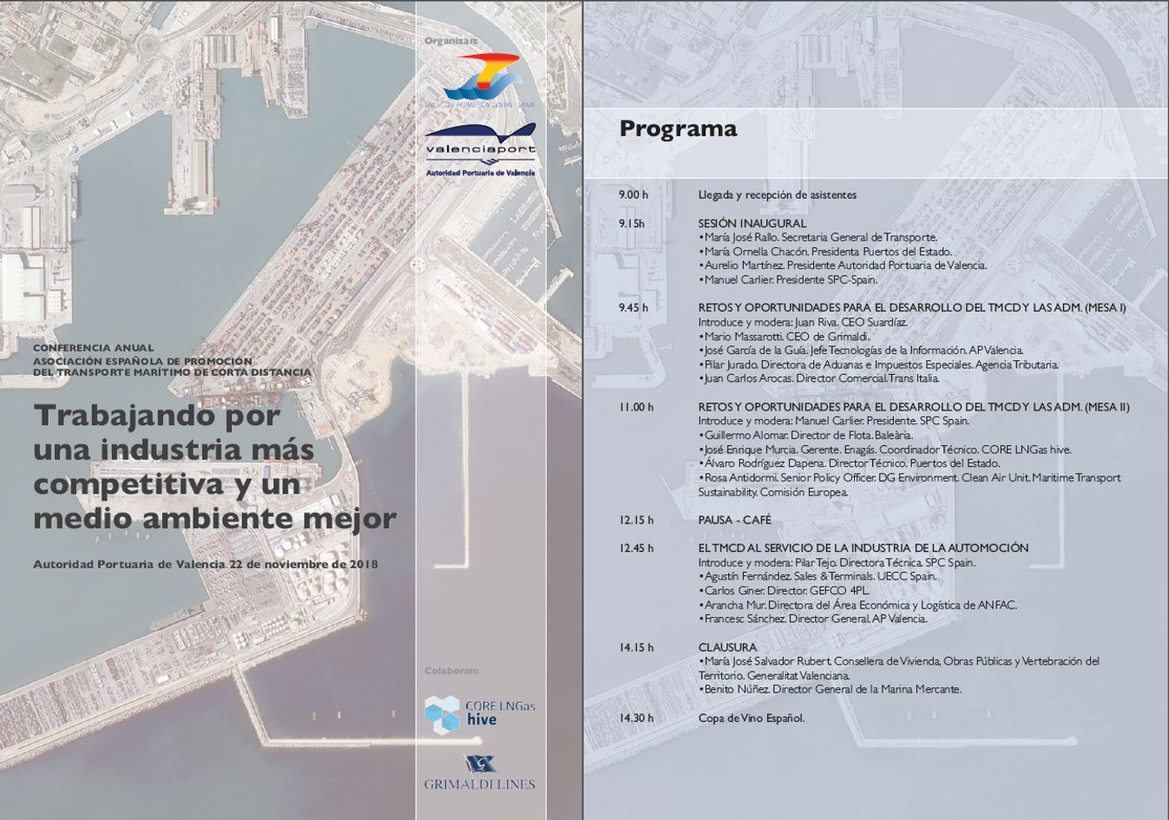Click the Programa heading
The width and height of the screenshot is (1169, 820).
click(678, 129)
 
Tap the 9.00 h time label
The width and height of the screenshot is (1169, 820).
click(634, 195)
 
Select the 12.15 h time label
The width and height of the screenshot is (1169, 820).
click(636, 521)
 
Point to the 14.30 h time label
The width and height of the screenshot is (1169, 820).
click(636, 718)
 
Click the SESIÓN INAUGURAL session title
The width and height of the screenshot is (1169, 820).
click(752, 224)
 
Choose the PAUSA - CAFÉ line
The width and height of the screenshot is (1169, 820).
click(734, 521)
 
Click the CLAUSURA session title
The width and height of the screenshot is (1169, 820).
click(727, 647)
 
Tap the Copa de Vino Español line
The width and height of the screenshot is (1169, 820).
click(752, 718)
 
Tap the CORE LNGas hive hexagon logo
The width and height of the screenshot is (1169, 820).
click(442, 714)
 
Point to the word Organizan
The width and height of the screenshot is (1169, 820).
click(451, 41)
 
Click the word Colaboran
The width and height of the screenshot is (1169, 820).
click(451, 671)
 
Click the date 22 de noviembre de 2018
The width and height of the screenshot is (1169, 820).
click(303, 564)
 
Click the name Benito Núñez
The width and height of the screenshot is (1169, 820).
click(735, 690)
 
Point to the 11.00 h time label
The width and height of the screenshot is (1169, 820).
click(636, 407)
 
